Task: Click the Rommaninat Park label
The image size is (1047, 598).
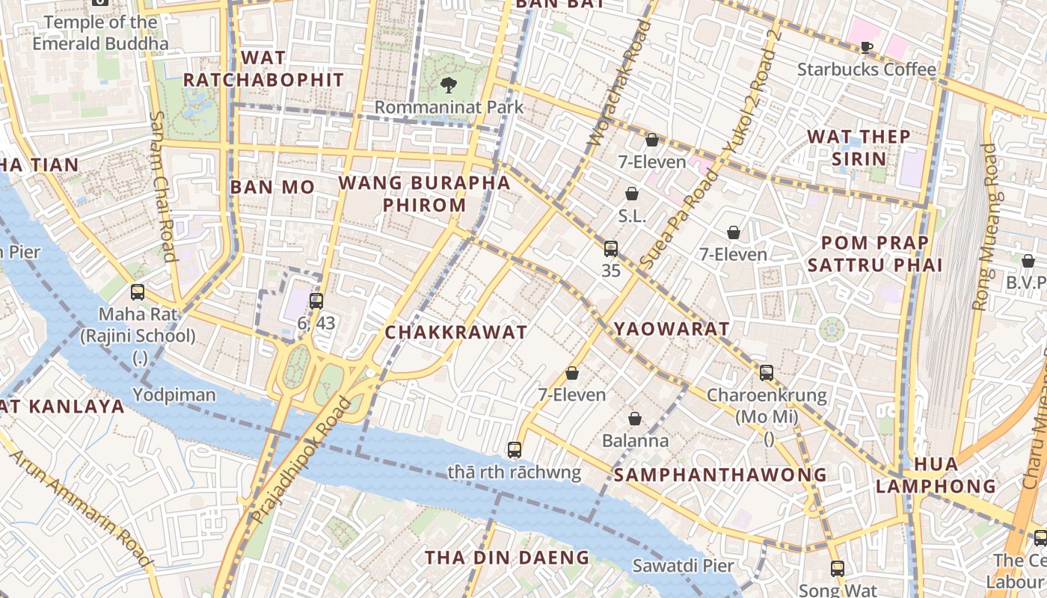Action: point(449,107)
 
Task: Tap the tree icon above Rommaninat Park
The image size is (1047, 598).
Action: point(449,84)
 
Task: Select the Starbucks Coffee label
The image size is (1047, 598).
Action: point(866,70)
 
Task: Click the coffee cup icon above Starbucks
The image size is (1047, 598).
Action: point(866,48)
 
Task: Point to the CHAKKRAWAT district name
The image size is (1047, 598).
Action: point(455,333)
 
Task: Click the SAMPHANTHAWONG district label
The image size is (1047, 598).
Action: point(721,475)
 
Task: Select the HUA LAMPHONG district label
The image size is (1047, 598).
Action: point(936,475)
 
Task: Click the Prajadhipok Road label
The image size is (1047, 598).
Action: point(301,460)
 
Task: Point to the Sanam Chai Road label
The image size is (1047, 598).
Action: point(162,187)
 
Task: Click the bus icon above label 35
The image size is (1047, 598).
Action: point(611,249)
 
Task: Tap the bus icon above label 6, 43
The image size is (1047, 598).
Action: point(316,301)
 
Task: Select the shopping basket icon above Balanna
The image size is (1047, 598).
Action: point(635,419)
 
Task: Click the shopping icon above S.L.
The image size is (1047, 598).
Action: point(632,194)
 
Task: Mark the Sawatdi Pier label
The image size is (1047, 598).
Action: point(683,566)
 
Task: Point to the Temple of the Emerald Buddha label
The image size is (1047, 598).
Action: point(100,33)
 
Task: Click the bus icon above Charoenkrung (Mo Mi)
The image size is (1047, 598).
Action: point(767,372)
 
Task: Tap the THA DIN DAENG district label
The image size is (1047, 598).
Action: point(507,558)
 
